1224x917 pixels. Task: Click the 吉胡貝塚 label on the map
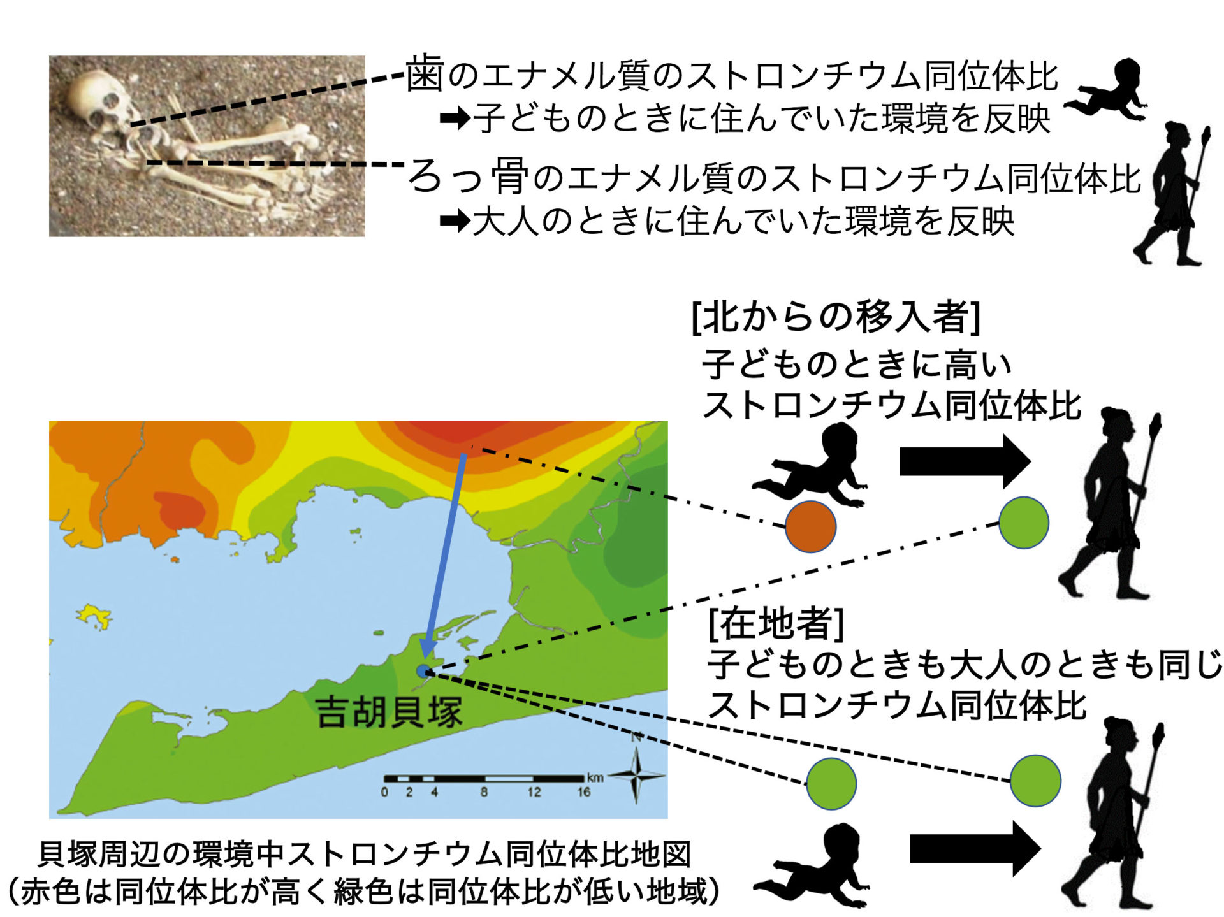click(388, 712)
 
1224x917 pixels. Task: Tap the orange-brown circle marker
click(810, 526)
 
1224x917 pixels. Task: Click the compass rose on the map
click(636, 775)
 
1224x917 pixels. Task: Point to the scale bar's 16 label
click(583, 792)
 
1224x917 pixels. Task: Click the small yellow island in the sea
click(95, 616)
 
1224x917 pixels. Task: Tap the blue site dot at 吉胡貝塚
click(423, 670)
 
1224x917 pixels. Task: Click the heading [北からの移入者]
click(836, 317)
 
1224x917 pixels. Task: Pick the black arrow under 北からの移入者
click(965, 461)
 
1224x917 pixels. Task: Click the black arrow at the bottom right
click(975, 849)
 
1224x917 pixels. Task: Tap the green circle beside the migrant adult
click(1023, 523)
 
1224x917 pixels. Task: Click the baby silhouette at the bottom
click(811, 865)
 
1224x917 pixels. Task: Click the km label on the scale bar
click(595, 777)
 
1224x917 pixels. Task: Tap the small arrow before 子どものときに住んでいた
click(455, 118)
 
